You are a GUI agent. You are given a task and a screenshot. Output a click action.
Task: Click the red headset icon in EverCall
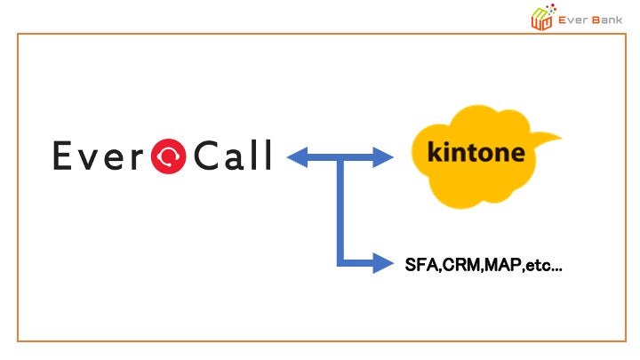[x=168, y=157]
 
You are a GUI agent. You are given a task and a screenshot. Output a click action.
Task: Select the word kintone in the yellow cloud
[x=476, y=151]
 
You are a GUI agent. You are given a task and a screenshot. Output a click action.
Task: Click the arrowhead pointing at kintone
[x=383, y=158]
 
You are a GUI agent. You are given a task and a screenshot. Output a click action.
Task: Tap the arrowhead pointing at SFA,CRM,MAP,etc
[x=383, y=263]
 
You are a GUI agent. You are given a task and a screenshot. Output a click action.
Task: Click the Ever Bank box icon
[x=541, y=17]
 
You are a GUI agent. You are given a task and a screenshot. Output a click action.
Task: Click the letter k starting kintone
[x=436, y=151]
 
